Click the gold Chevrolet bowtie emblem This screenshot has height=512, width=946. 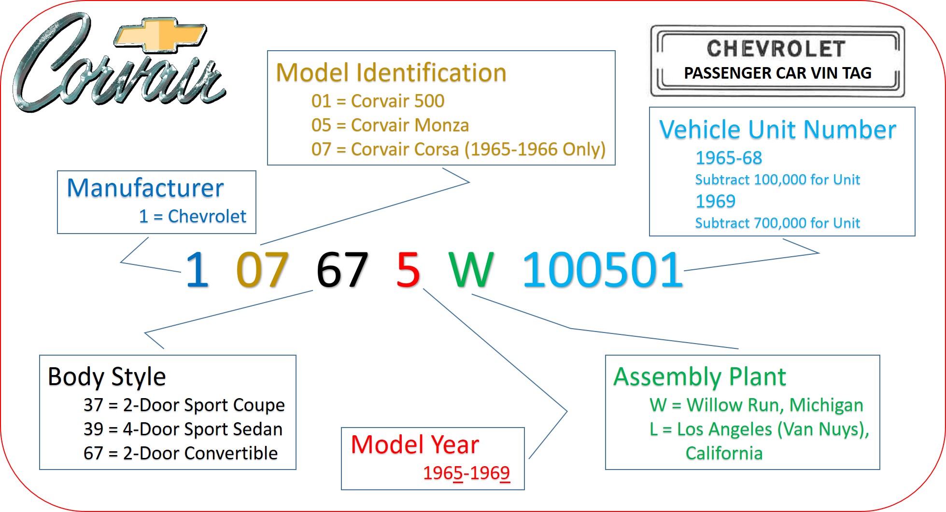pos(160,36)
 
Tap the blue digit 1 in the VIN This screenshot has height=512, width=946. pos(198,269)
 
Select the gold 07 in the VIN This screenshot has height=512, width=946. pos(262,269)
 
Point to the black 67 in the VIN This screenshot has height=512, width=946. pos(342,269)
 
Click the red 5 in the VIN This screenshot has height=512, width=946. pos(408,269)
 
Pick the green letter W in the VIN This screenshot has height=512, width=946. pos(471,269)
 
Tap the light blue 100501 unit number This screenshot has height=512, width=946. pos(603,269)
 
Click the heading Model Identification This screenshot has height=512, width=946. pos(391,73)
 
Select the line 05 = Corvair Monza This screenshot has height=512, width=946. pos(390,125)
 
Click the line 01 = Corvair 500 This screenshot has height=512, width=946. pos(378,101)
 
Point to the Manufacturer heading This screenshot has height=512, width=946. pos(145,188)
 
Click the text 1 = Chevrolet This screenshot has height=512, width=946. pos(193,216)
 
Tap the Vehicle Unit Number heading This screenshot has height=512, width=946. pos(778,130)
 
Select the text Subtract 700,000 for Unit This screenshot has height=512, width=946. pos(777,223)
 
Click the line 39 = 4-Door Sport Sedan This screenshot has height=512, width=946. pos(183,429)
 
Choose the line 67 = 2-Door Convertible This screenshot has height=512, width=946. pos(181,453)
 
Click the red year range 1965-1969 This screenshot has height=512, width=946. pos(466,473)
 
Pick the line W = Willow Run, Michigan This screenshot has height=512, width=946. pos(756,405)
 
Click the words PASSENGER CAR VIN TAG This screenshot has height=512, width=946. pos(777,73)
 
